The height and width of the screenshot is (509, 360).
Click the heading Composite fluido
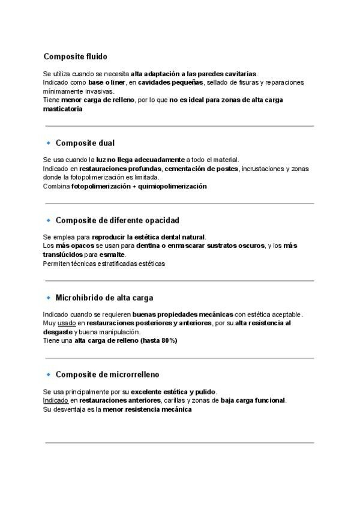tap(75, 56)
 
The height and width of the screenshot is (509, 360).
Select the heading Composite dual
tap(85, 143)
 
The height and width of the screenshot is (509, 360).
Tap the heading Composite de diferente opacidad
tap(117, 220)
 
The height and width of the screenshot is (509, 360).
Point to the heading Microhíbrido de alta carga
tap(104, 297)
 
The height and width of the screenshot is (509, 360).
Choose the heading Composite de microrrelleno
tap(107, 375)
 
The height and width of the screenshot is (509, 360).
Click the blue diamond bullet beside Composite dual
tap(48, 143)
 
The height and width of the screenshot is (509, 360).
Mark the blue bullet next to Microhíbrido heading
tap(48, 297)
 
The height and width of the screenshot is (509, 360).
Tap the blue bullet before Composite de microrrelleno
tap(48, 375)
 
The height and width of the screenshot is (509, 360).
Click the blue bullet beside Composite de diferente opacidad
tap(48, 220)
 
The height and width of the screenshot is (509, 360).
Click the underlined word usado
tap(67, 323)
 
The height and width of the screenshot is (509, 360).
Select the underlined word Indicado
tap(56, 400)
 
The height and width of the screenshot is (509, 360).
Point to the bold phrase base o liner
tap(107, 82)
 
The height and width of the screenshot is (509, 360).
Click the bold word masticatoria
tap(62, 109)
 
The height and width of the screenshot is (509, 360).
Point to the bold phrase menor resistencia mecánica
tap(147, 409)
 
